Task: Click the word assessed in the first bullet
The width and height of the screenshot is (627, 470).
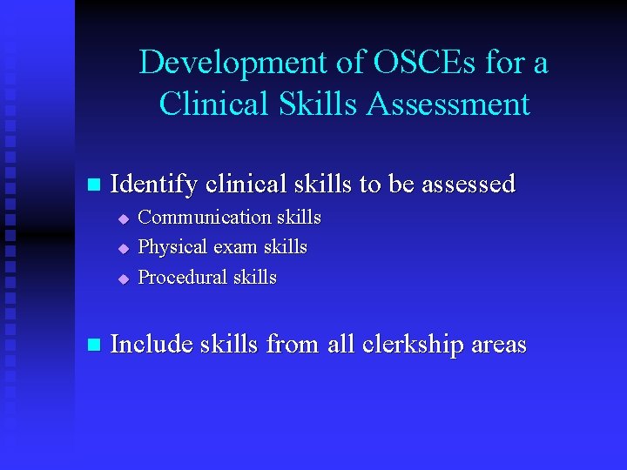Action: [x=469, y=185]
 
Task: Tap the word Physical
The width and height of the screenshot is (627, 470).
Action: [x=172, y=247]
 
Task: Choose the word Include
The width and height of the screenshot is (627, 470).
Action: [x=152, y=345]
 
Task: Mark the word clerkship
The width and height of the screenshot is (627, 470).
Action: [x=409, y=345]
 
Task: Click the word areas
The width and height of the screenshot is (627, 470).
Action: [x=499, y=345]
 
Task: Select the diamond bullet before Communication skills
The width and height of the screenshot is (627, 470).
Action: [x=124, y=218]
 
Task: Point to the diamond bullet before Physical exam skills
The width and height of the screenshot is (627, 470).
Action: [x=124, y=249]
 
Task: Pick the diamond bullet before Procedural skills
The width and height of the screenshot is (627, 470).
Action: [x=124, y=279]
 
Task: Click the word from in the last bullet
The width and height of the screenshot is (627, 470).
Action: [x=293, y=345]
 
